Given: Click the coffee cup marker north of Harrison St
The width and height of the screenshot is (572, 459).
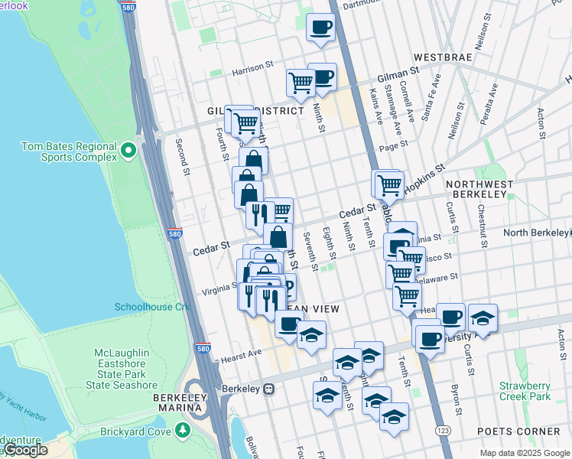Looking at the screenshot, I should [x=320, y=28].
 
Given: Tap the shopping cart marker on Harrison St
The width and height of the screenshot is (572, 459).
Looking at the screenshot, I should [x=301, y=81].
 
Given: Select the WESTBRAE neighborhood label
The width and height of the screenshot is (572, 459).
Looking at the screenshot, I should [x=446, y=57].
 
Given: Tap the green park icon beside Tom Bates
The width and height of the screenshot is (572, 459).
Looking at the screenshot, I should [x=129, y=151].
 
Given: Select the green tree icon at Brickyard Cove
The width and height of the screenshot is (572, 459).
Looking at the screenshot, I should [x=183, y=431].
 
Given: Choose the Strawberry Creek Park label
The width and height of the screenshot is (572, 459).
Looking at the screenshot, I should [x=525, y=391].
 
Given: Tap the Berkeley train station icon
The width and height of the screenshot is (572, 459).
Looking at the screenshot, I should [x=268, y=389].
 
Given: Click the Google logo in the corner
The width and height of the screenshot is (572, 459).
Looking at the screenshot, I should [x=25, y=450].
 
